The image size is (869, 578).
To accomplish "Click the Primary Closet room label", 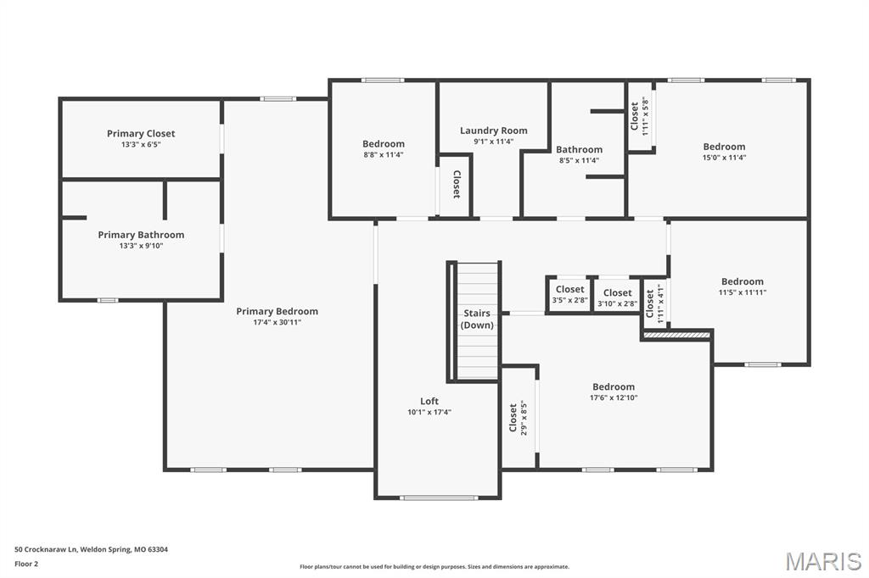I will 141,134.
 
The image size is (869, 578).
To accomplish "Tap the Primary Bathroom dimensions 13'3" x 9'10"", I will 141,246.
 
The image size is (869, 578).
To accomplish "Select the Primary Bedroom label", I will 277,311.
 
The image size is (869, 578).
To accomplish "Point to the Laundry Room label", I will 493,131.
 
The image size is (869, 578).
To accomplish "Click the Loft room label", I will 429,401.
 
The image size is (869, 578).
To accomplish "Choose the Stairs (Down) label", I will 476,320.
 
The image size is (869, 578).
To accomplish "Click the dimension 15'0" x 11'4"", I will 724,157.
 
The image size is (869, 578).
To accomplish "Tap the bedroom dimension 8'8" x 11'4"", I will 384,155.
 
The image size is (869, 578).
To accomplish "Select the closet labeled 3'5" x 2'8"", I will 569,295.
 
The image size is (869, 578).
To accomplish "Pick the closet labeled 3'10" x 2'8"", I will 617,297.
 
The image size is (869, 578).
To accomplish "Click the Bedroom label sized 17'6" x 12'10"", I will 613,386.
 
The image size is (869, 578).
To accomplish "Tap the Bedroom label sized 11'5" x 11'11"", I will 742,281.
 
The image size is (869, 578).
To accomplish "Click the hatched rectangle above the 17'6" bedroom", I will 676,336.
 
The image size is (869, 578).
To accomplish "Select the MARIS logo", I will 822,560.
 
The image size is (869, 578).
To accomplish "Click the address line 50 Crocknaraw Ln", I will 91,549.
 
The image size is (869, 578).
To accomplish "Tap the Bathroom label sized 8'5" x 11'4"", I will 579,149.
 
